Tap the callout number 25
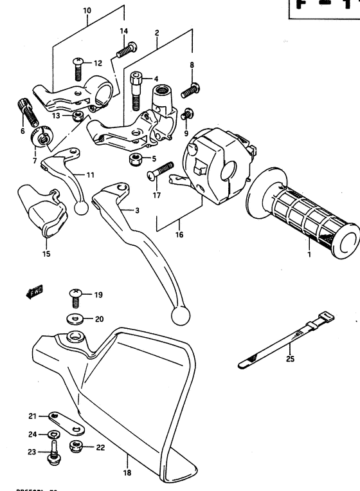290,359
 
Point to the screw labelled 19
75,297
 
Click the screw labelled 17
157,172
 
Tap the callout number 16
179,235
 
